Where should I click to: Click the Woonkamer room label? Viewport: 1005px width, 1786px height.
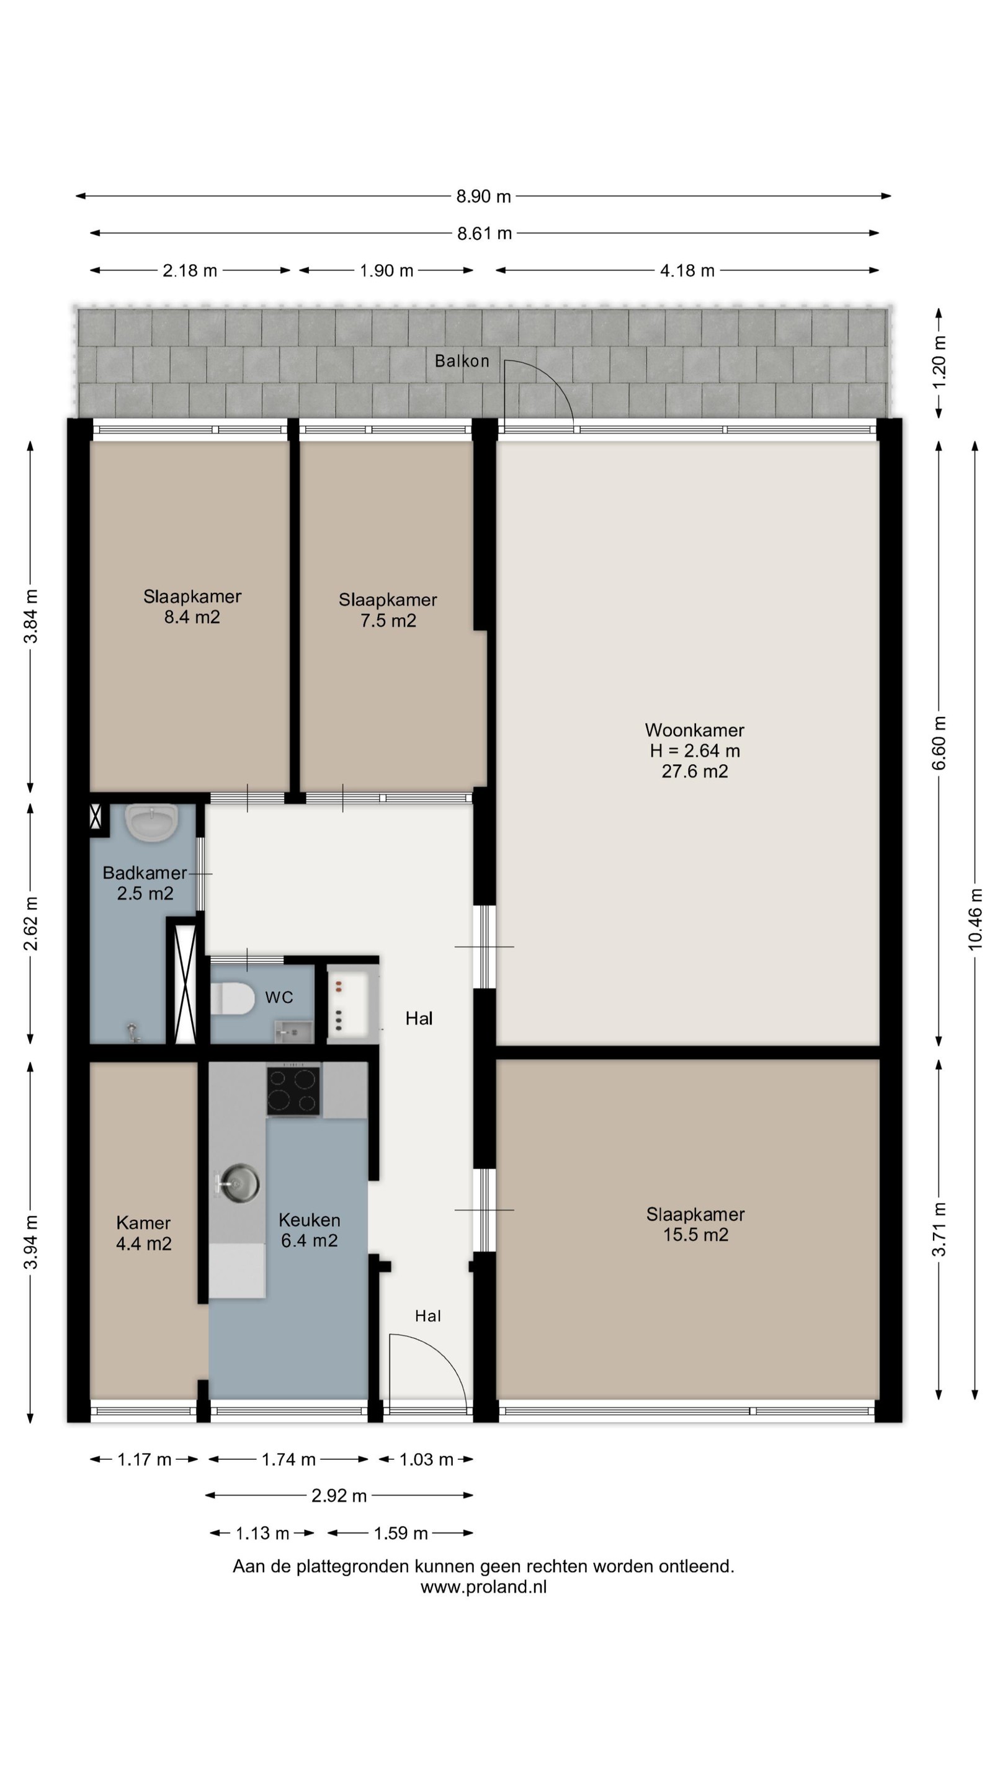(x=694, y=750)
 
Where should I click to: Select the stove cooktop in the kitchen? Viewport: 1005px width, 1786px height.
(x=293, y=1091)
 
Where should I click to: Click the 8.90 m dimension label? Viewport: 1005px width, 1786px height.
(x=483, y=196)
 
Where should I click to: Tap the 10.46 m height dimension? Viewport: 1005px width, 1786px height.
(x=975, y=918)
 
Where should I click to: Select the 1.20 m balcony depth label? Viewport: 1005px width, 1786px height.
(x=940, y=363)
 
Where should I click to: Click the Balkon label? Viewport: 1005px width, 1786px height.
(x=462, y=360)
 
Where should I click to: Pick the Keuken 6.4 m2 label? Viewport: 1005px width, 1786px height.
(x=310, y=1230)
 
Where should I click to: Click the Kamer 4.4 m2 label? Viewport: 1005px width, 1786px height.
(x=143, y=1233)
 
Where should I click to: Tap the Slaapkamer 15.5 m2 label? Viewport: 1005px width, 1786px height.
(x=695, y=1224)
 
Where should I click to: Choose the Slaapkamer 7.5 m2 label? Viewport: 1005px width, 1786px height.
(x=388, y=610)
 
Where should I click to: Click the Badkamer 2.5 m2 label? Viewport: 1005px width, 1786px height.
(x=145, y=882)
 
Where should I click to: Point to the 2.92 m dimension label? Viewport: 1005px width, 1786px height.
(x=339, y=1496)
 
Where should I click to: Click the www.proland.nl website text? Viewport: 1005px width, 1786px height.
(x=483, y=1587)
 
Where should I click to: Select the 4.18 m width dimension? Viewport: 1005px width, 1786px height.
(x=687, y=270)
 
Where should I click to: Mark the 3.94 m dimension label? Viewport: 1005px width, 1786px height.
(x=30, y=1242)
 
